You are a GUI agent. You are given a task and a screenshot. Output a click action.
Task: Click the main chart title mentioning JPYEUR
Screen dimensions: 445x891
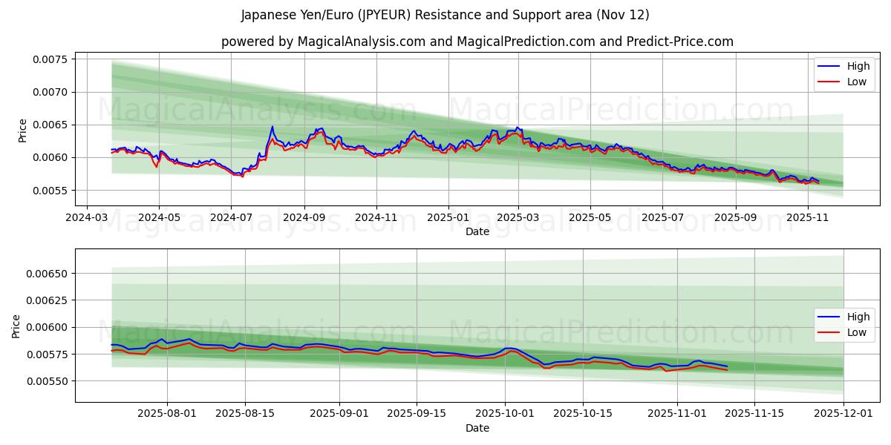[x=446, y=15]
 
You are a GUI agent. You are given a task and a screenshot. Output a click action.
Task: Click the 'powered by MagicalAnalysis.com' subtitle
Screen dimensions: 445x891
[x=477, y=42]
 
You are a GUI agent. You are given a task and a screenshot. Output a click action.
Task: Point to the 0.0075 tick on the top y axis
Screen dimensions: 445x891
[x=49, y=59]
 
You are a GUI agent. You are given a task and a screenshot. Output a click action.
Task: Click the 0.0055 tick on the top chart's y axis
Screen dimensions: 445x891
[x=49, y=191]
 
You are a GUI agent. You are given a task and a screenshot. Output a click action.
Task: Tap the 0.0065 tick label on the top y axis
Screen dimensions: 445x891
[x=49, y=125]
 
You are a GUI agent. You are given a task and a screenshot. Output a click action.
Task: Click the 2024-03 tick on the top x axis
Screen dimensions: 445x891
[x=88, y=218]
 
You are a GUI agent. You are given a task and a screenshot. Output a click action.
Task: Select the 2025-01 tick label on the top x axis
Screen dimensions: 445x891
[x=448, y=218]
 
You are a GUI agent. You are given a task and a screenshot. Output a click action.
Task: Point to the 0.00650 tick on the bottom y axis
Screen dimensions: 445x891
[x=46, y=274]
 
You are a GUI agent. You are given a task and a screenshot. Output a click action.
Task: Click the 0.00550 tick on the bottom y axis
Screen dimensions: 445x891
[x=46, y=381]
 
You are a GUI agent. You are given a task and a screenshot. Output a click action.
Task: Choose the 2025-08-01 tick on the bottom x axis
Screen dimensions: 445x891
[x=167, y=414]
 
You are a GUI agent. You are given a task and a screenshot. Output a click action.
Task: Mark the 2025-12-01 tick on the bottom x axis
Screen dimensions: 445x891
[x=843, y=414]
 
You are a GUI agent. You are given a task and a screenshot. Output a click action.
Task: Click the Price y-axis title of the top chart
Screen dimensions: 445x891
[x=22, y=131]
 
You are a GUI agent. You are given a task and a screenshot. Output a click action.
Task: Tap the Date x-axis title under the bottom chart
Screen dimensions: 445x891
[x=477, y=428]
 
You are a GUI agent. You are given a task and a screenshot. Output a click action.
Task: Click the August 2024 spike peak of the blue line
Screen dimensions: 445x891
[x=272, y=127]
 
